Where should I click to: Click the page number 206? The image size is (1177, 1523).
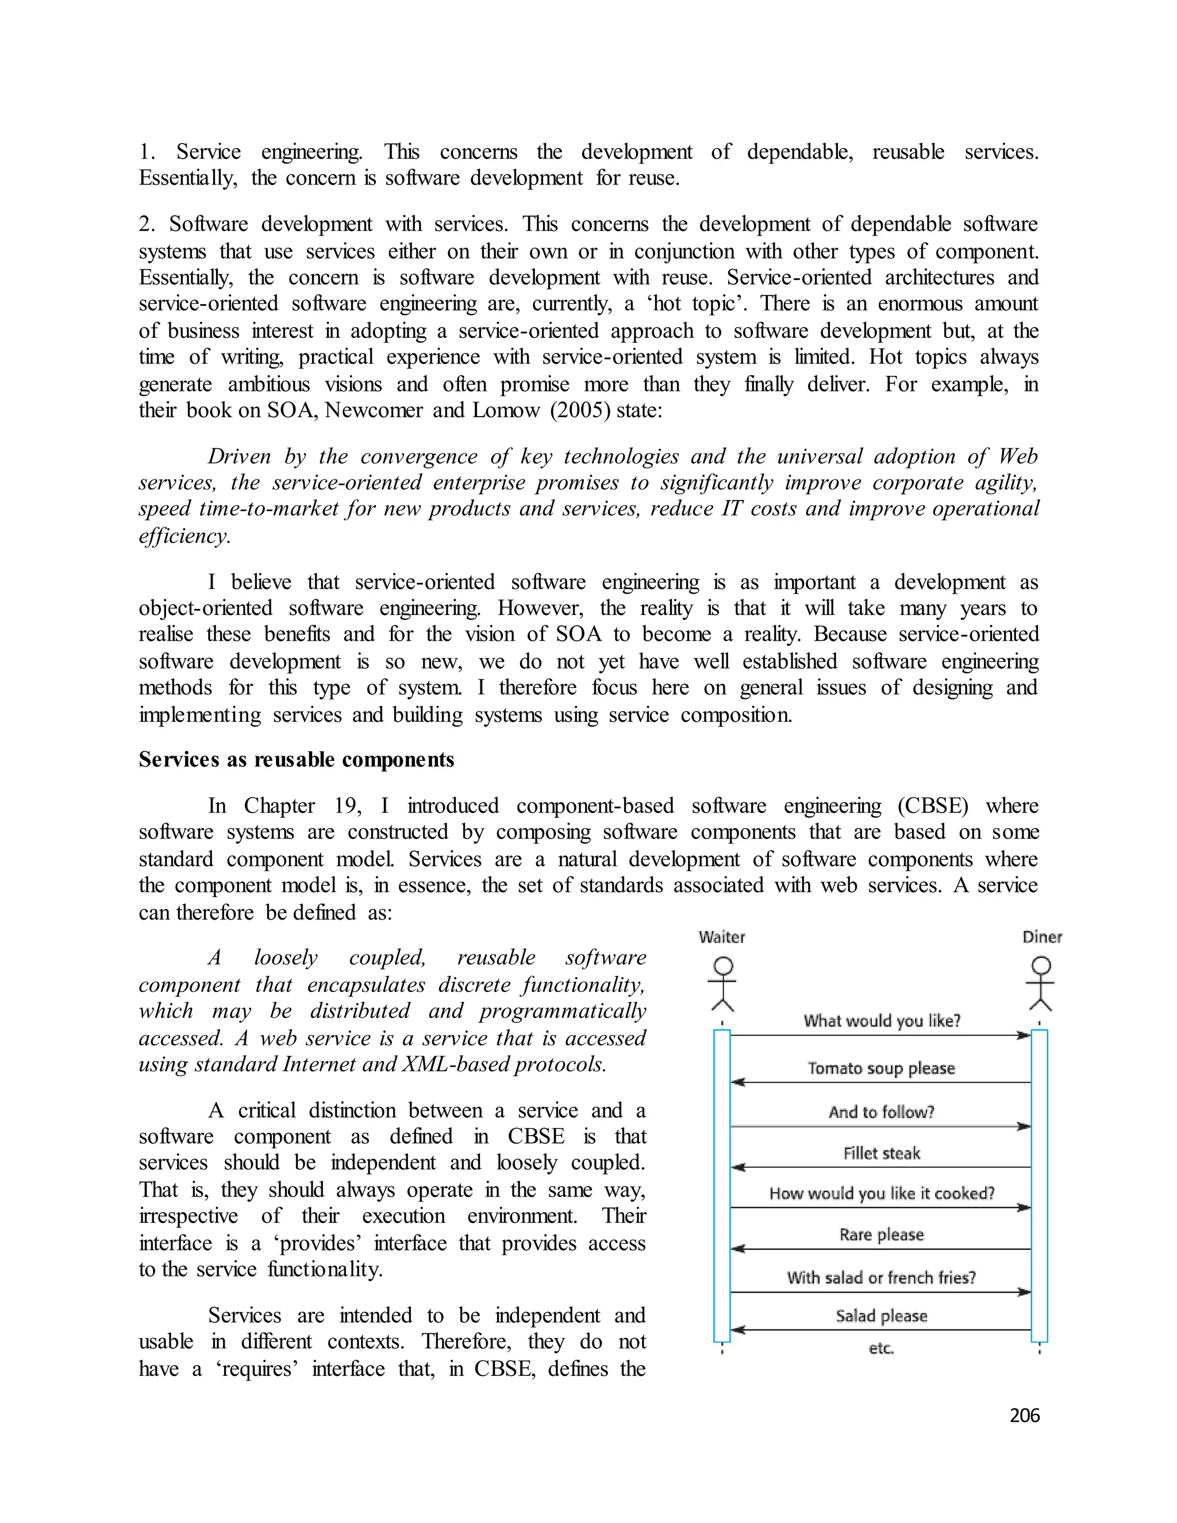coord(1024,1415)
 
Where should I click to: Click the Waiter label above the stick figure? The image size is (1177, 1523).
coord(722,937)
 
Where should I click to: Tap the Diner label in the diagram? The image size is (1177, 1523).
coord(1042,937)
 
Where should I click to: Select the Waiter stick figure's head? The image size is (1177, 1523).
coord(724,966)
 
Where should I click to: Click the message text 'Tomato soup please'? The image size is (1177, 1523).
coord(880,1068)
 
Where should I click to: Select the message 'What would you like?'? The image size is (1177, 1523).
coord(882,1021)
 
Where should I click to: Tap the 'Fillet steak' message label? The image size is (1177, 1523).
coord(882,1153)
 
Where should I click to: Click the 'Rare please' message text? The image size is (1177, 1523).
coord(882,1235)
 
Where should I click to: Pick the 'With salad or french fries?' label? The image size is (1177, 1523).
coord(882,1278)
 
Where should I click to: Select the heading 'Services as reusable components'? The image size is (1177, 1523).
coord(297,759)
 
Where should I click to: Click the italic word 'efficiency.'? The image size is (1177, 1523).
coord(184,536)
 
